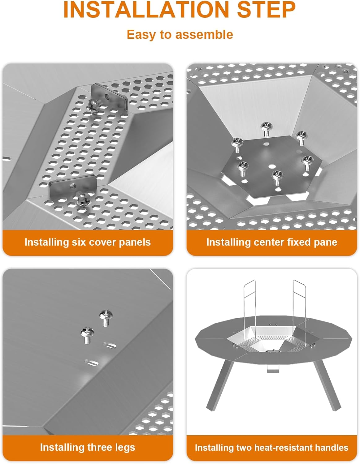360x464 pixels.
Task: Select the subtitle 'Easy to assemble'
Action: coord(180,34)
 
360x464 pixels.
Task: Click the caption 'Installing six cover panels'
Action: coord(88,242)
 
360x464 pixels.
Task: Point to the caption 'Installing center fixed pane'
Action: coord(271,242)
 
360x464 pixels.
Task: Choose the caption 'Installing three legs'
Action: coord(88,447)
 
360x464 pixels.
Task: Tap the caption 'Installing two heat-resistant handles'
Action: coord(271,448)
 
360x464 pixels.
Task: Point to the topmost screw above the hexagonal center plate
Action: coord(266,128)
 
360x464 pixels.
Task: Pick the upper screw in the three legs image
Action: coord(106,318)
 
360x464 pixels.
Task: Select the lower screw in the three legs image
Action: coord(86,335)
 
